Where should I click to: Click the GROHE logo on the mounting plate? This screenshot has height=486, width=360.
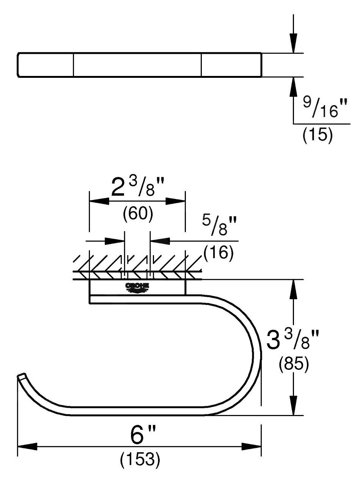click(137, 288)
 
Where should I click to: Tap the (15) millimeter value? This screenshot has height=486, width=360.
click(318, 135)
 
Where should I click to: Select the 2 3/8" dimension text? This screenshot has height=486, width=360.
click(138, 187)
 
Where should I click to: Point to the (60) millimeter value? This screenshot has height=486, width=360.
click(138, 214)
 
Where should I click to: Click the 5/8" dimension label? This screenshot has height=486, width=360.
click(219, 226)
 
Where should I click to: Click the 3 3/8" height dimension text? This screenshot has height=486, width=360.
click(292, 339)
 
